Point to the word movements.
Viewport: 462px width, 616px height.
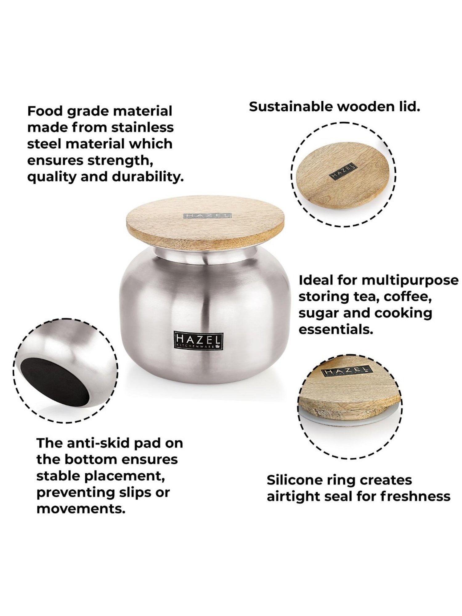click(81, 509)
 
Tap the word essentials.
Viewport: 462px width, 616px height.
click(336, 330)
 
